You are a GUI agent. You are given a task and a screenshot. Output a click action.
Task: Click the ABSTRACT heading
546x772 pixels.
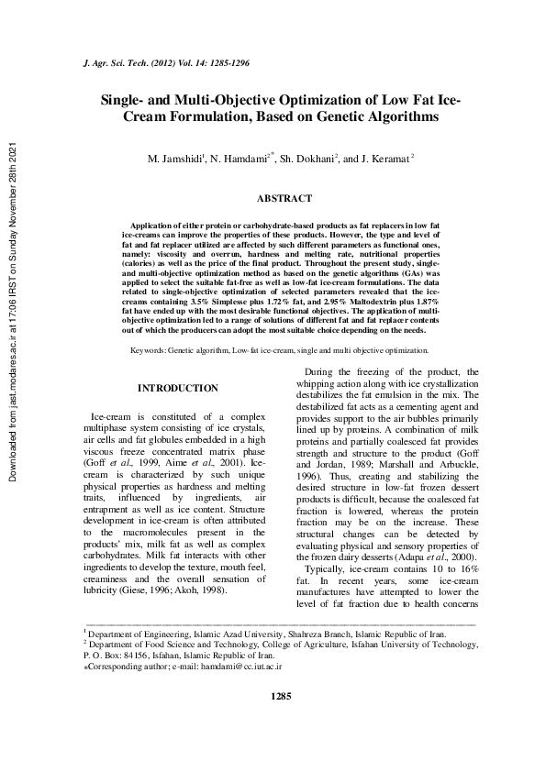click(x=284, y=198)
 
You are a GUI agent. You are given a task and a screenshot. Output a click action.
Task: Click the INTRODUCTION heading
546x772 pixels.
click(x=177, y=389)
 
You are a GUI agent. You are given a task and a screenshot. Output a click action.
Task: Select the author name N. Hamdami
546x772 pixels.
click(x=239, y=159)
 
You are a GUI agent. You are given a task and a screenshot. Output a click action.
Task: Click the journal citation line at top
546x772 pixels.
click(x=167, y=68)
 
